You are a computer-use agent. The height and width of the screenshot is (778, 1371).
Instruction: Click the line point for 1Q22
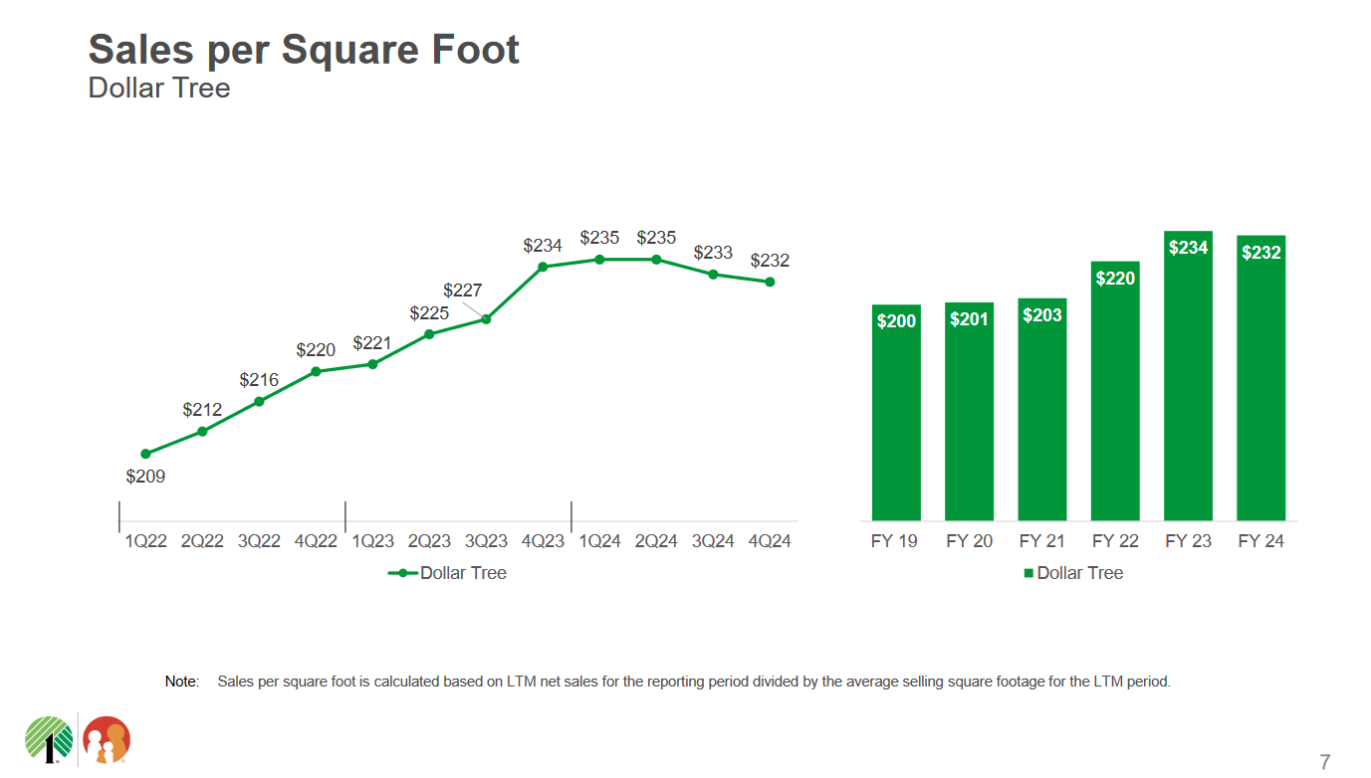tap(145, 454)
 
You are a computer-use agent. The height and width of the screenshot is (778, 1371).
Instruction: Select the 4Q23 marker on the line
tap(543, 267)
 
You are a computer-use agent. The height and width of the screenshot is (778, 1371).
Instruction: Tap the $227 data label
tap(462, 291)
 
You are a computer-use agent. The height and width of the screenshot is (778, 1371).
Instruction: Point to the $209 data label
tap(145, 477)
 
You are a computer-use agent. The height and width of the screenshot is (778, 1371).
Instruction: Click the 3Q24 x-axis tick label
tap(713, 541)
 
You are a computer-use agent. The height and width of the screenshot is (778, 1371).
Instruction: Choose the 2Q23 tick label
tap(429, 541)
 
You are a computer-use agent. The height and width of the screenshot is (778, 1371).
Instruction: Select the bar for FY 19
tap(896, 412)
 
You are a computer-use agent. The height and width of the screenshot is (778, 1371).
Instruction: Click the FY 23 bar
tap(1188, 378)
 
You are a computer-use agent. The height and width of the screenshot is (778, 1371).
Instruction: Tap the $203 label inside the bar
tap(1042, 315)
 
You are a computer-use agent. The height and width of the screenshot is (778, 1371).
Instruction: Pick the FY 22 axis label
tap(1115, 541)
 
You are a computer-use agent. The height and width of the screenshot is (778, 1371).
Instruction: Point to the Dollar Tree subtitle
tap(159, 88)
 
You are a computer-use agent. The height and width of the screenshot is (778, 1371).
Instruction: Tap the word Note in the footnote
tap(181, 681)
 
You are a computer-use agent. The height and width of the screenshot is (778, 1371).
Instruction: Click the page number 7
tap(1324, 762)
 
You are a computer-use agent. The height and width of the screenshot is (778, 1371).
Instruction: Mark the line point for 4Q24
tap(770, 282)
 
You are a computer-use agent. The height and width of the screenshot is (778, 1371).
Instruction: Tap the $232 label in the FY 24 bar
tap(1260, 253)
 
